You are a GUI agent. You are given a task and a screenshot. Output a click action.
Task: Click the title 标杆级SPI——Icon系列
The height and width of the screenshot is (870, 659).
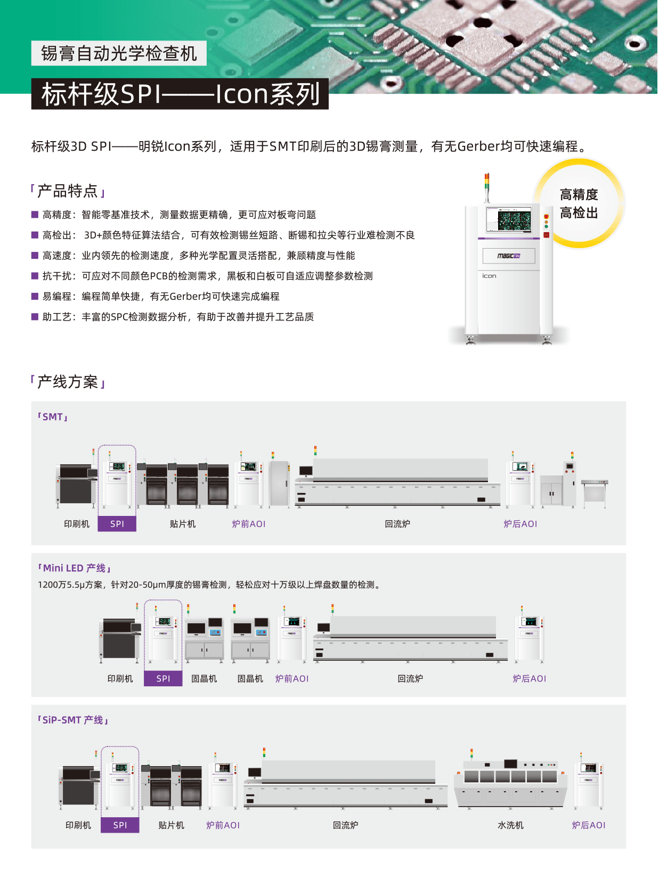[x=180, y=94]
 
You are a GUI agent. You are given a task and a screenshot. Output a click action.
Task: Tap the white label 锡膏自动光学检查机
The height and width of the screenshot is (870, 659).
[x=119, y=53]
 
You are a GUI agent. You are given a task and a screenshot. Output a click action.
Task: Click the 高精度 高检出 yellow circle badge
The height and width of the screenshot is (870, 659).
[x=579, y=203]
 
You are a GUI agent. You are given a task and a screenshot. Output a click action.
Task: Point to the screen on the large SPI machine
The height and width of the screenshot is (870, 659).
[x=508, y=219]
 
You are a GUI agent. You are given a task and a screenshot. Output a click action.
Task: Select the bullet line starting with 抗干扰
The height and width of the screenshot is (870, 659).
[x=207, y=276]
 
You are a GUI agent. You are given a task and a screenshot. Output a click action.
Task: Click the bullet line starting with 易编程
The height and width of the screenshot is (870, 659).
[x=161, y=296]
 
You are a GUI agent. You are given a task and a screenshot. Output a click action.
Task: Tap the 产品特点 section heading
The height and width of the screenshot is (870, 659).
[x=68, y=191]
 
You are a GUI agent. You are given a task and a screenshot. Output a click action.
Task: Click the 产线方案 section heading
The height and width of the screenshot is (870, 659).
[x=68, y=382]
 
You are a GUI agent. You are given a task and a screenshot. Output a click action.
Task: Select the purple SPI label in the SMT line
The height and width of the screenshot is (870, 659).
[x=117, y=524]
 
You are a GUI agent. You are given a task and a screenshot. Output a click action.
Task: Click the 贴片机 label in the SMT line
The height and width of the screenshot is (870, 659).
[x=183, y=524]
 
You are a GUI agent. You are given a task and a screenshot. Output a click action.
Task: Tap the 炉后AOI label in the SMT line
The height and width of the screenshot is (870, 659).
[x=520, y=524]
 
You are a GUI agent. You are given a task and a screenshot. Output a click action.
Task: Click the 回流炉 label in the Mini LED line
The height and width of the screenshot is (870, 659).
[x=410, y=678]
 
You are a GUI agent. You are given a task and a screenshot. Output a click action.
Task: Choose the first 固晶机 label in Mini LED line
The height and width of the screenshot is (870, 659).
[x=204, y=678]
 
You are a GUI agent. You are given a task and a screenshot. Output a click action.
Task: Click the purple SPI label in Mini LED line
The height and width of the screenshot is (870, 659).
[x=163, y=678]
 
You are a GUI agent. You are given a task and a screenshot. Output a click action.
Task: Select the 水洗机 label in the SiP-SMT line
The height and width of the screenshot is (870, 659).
[x=510, y=825]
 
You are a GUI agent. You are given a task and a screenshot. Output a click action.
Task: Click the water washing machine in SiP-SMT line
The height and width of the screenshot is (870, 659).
[x=510, y=783]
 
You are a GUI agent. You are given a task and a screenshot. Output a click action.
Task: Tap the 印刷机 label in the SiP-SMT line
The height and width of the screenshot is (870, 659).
[x=78, y=825]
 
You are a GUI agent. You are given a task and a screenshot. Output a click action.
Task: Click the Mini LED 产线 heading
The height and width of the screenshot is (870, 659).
[x=75, y=568]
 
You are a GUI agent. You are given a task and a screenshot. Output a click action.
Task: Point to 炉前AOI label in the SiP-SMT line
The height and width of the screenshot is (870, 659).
[x=223, y=825]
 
